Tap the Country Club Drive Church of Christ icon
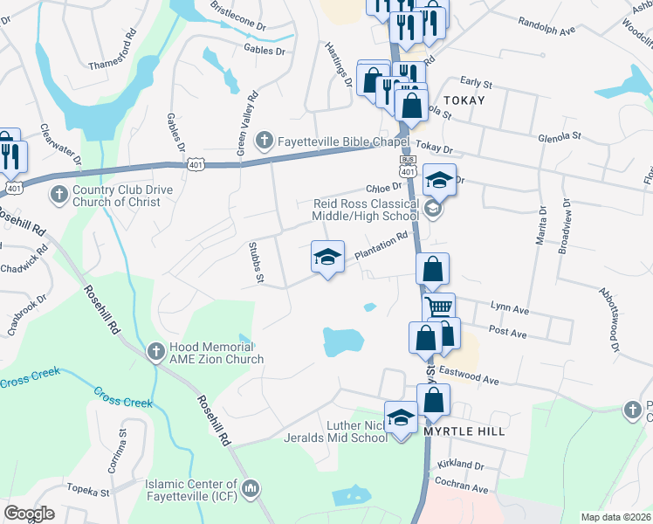coord(59,193)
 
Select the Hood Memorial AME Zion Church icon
coord(155,351)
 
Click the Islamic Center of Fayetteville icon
coord(251,486)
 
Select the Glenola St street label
coord(560,136)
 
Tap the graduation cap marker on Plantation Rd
coord(328,258)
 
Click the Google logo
coord(30,514)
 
